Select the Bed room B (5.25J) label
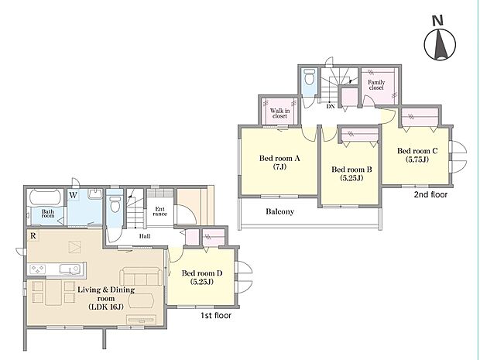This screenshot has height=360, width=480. pos(351,173)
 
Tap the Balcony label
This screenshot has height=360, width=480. pos(279,211)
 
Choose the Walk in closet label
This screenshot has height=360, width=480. pos(279,113)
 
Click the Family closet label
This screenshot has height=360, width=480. pos(376,85)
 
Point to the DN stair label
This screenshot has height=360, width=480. pos(331,107)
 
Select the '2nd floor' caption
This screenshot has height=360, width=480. pos(430,194)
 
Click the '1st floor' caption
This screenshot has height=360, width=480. pos(216,315)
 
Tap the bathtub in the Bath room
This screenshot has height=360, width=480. pos(46,197)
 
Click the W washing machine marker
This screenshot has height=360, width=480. pos(73,195)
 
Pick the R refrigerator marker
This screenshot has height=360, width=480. pos(33,235)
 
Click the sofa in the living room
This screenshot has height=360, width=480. pos(140,276)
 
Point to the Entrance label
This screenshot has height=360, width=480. pos(159,211)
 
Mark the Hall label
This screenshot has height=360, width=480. pos(145,236)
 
